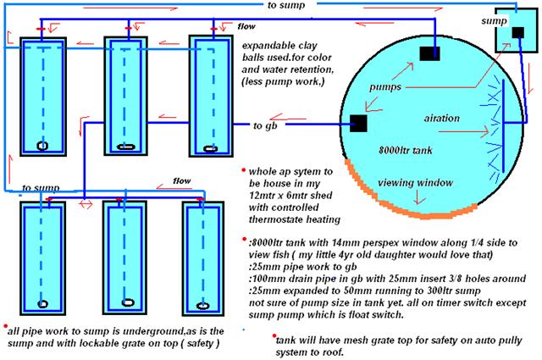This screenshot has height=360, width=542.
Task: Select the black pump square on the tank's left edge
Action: click(x=357, y=123)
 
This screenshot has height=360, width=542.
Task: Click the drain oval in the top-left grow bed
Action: click(x=41, y=143)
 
